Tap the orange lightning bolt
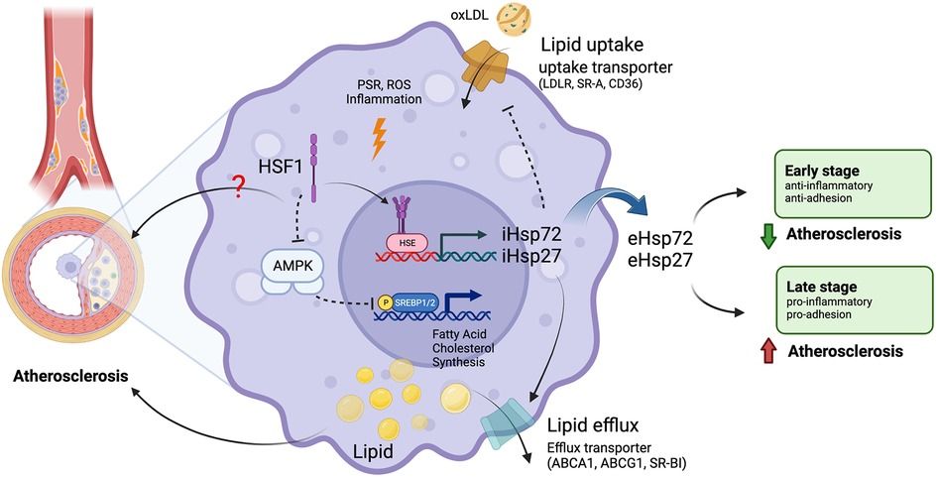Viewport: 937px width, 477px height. [378, 139]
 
